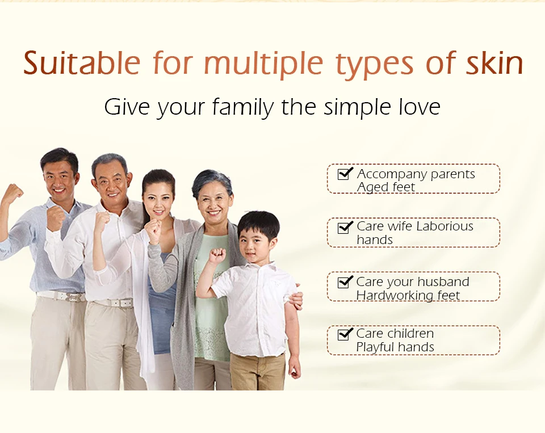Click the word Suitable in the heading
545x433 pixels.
(82, 63)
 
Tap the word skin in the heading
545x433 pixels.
(494, 63)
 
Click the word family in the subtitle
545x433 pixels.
(243, 107)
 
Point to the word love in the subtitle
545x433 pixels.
(419, 107)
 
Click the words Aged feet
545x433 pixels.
(386, 187)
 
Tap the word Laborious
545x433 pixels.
(445, 226)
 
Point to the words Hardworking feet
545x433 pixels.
(408, 296)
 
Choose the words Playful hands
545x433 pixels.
(395, 347)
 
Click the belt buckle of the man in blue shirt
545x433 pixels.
(74, 297)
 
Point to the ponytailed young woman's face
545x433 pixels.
(158, 201)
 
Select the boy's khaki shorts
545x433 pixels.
(258, 372)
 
